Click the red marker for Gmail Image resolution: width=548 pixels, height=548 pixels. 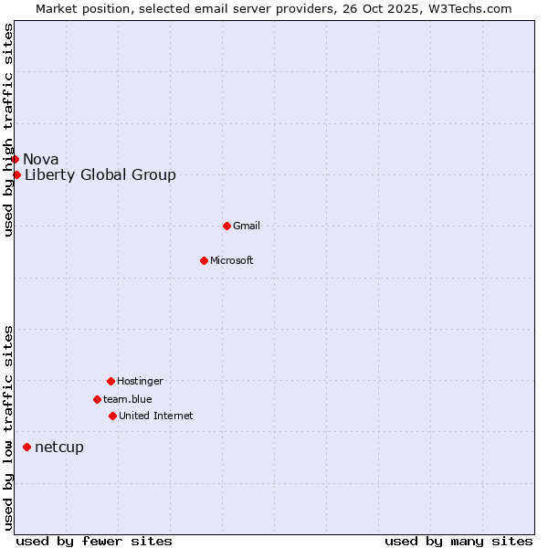pyautogui.click(x=227, y=226)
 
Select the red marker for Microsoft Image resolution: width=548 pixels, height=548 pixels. pyautogui.click(x=204, y=260)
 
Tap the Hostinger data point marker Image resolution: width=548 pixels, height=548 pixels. pyautogui.click(x=111, y=381)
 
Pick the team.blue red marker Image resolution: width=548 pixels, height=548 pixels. pyautogui.click(x=97, y=399)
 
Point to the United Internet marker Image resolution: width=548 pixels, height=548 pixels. pyautogui.click(x=112, y=416)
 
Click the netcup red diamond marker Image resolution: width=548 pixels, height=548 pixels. pyautogui.click(x=26, y=447)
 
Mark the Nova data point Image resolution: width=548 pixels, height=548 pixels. pyautogui.click(x=15, y=159)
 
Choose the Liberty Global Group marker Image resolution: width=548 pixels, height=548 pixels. pyautogui.click(x=16, y=174)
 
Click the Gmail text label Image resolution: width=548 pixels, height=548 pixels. pyautogui.click(x=247, y=226)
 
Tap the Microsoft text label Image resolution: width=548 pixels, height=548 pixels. pyautogui.click(x=232, y=260)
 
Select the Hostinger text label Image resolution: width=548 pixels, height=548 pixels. pyautogui.click(x=140, y=381)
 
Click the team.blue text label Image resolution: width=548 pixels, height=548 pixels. pyautogui.click(x=128, y=399)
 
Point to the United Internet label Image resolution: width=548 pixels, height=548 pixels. pyautogui.click(x=156, y=416)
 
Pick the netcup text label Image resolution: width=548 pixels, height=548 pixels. pyautogui.click(x=59, y=447)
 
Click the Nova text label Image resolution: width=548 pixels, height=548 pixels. pyautogui.click(x=41, y=159)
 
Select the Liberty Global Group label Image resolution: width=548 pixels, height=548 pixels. pyautogui.click(x=100, y=174)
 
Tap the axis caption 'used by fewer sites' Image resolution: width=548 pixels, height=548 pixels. pyautogui.click(x=94, y=541)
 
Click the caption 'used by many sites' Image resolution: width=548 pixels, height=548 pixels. pyautogui.click(x=458, y=541)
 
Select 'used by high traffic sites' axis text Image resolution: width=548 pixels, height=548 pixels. pyautogui.click(x=8, y=130)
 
